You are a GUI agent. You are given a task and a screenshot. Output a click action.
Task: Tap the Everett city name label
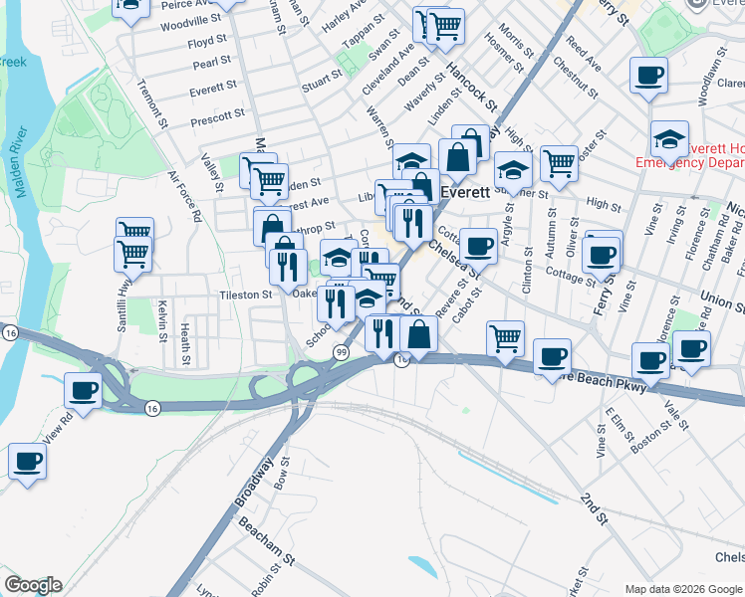464,193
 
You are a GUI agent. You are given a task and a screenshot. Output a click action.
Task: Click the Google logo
32,585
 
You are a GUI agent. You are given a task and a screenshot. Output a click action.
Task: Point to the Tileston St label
245,296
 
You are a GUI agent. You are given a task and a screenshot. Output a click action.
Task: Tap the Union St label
721,297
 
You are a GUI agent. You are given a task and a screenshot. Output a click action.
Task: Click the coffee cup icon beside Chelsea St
478,245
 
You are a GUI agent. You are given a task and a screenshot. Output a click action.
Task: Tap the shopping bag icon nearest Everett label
457,157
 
